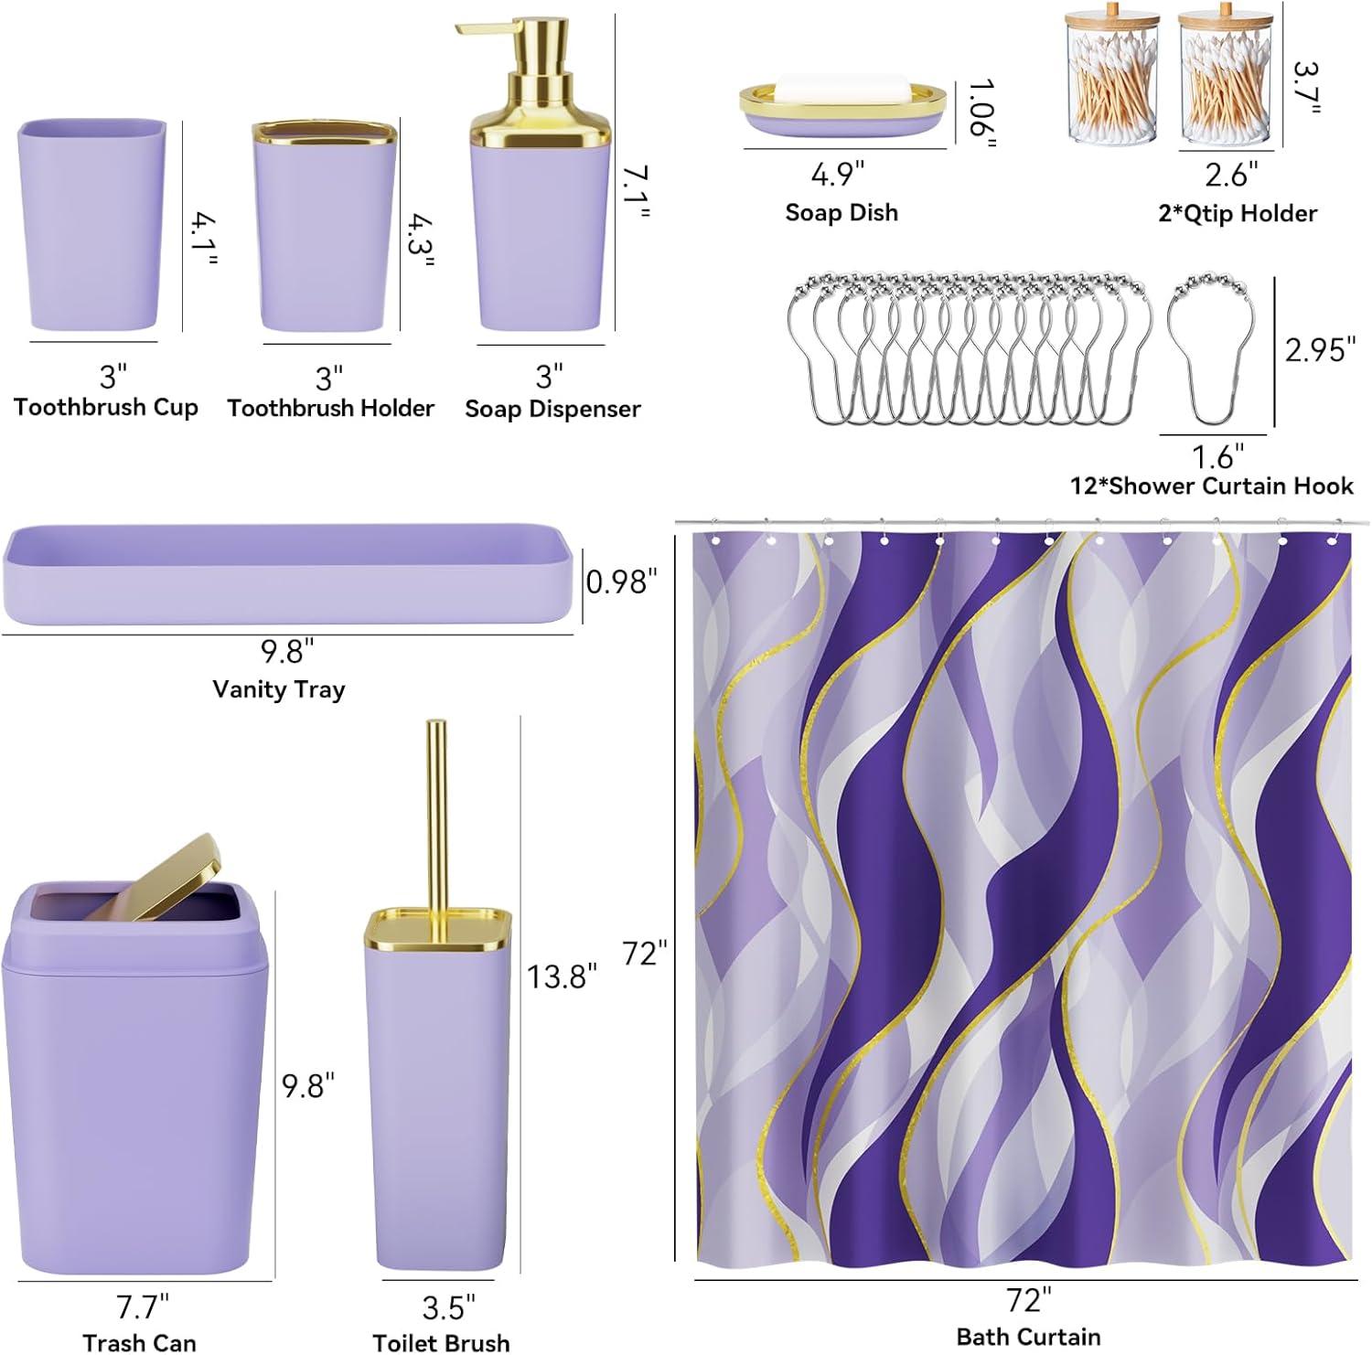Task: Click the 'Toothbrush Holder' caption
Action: (x=330, y=408)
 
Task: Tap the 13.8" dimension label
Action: (x=562, y=976)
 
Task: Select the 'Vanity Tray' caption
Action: (x=278, y=688)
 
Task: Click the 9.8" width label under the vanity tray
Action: (x=287, y=651)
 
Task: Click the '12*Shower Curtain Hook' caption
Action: (x=1212, y=485)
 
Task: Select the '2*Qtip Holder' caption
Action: (x=1238, y=213)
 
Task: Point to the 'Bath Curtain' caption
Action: (x=1028, y=1337)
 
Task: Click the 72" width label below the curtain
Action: (x=1029, y=1299)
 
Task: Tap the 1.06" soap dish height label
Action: (x=981, y=112)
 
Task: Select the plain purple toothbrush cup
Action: (x=91, y=225)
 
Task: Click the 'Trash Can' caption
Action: (x=139, y=1342)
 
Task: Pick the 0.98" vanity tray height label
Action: (x=621, y=581)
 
